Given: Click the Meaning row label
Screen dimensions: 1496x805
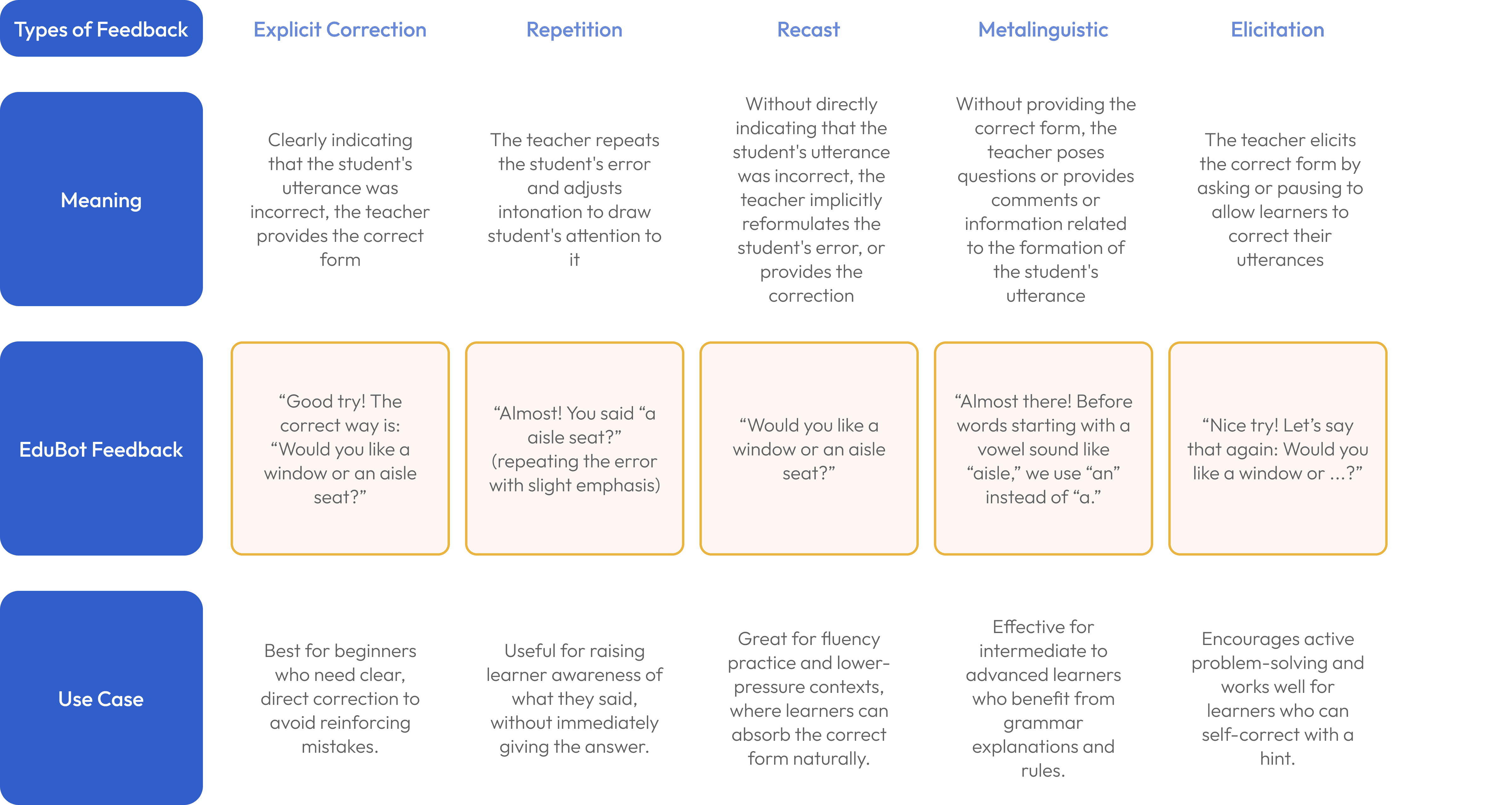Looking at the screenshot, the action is [x=101, y=200].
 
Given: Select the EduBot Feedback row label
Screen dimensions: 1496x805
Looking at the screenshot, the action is [x=101, y=449].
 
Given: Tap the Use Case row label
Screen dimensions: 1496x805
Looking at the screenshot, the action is [x=101, y=698].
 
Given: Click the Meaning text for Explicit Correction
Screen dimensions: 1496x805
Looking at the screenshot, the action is [x=340, y=200].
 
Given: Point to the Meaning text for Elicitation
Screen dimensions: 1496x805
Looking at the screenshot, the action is [x=1280, y=200].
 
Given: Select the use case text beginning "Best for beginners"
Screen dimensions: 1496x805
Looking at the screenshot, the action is [x=340, y=698].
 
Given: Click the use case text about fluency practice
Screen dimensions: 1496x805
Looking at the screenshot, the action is [x=808, y=698].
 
